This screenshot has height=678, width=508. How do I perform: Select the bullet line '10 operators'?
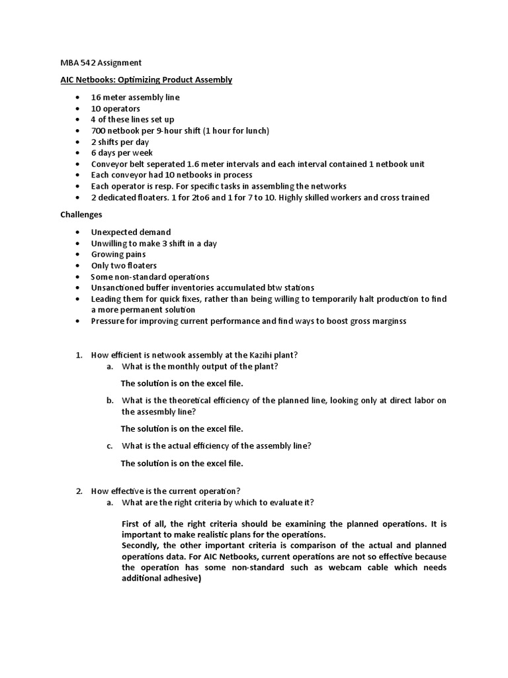click(x=116, y=109)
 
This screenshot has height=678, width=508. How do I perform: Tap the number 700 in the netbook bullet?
click(x=99, y=131)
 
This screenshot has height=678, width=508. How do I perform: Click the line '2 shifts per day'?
click(x=120, y=142)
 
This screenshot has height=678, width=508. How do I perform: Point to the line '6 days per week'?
click(x=122, y=153)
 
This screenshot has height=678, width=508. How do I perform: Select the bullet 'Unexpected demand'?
click(x=130, y=232)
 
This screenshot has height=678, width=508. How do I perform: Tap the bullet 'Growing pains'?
click(x=118, y=254)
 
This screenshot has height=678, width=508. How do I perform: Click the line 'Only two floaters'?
click(x=124, y=266)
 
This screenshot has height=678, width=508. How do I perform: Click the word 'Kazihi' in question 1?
click(x=259, y=356)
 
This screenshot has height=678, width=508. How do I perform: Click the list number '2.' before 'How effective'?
click(x=79, y=491)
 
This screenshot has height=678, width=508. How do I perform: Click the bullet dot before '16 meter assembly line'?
click(x=77, y=97)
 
